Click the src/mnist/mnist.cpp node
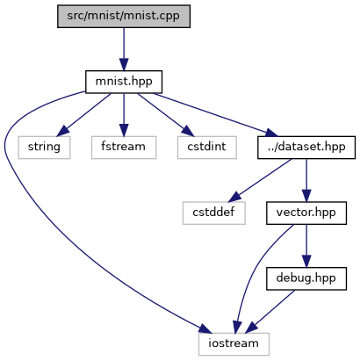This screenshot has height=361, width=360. [x=124, y=16]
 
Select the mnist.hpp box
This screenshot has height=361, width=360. [x=124, y=82]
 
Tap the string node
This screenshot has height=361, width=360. [x=44, y=148]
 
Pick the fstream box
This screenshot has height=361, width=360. [x=124, y=148]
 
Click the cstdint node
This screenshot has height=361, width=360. [x=207, y=148]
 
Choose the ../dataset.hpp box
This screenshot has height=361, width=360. [x=306, y=148]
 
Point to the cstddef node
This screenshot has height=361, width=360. [x=214, y=213]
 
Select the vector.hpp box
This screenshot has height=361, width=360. [x=306, y=213]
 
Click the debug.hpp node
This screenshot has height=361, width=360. [x=306, y=278]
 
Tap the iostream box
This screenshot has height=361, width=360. [x=234, y=344]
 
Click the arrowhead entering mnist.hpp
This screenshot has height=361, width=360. [x=124, y=64]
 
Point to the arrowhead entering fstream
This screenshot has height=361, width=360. [x=124, y=130]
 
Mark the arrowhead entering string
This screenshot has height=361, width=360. [x=62, y=132]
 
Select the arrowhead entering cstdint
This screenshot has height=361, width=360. [x=187, y=132]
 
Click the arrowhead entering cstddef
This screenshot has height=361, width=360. [x=234, y=197]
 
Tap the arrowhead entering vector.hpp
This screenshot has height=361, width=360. [x=306, y=196]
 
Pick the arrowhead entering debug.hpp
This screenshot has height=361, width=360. [x=306, y=261]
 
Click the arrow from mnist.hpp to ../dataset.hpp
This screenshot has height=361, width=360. [x=215, y=115]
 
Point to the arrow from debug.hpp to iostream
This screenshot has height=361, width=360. [x=270, y=312]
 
